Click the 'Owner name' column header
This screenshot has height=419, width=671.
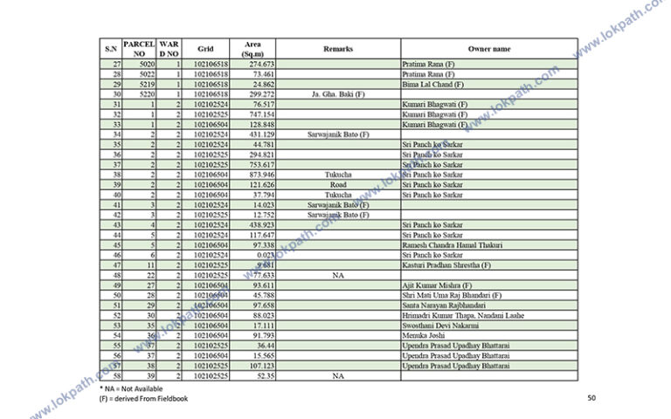488,49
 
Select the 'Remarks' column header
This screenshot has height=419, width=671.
337,49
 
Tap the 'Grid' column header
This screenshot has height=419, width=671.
205,49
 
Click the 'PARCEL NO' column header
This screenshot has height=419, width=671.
139,49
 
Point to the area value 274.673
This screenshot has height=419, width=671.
261,65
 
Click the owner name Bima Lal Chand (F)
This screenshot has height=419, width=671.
432,85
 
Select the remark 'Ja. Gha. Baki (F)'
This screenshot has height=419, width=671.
337,94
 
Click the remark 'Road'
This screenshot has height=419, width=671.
338,184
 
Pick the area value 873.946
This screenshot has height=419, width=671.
261,175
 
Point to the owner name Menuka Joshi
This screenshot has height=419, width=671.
422,335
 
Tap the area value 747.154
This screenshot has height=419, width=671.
261,114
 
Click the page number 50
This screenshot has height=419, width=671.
591,398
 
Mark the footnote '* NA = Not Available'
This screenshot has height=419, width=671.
131,388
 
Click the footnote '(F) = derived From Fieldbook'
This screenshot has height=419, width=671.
143,399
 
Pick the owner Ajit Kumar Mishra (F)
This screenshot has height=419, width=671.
434,285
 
